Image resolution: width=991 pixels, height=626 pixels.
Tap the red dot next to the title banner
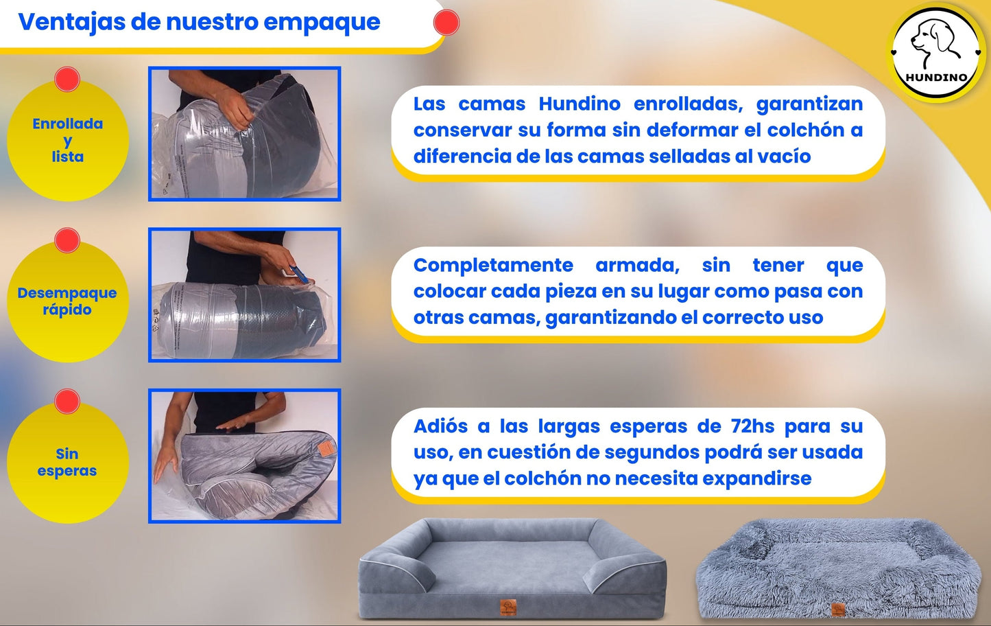(446, 23)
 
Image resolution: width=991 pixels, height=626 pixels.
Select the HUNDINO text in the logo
(936, 78)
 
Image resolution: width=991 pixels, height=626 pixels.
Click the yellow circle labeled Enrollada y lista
(67, 140)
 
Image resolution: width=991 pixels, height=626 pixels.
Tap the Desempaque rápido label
(67, 301)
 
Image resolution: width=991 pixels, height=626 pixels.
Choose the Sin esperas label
(67, 462)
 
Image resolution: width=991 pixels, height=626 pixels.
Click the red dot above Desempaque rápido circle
(67, 240)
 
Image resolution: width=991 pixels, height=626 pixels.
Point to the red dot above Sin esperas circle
(67, 401)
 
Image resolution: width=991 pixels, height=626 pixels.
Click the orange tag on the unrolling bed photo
(326, 448)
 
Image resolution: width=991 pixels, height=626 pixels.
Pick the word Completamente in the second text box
(493, 266)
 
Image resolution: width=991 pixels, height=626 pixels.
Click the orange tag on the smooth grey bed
(508, 607)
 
